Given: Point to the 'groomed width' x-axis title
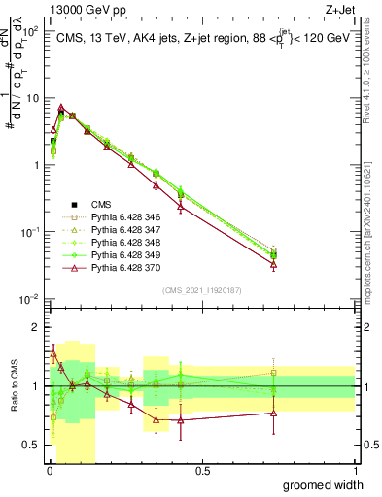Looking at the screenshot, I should (x=323, y=484).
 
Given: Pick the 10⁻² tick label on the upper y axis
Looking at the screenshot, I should (x=31, y=298).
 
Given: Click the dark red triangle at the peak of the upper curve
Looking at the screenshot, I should (x=61, y=108).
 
